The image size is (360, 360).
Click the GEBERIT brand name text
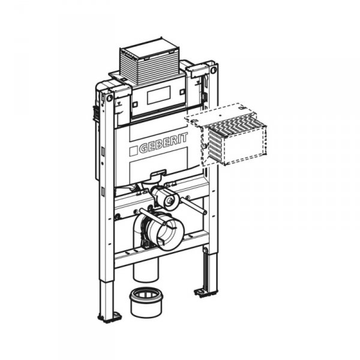tap(163, 143)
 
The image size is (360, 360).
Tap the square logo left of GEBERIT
tap(133, 152)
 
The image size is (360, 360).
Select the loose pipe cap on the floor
tap(146, 302)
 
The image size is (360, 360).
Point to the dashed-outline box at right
tap(226, 134)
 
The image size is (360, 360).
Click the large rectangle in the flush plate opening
tap(159, 95)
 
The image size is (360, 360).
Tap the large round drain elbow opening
tap(170, 233)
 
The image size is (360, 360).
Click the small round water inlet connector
tap(170, 200)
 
